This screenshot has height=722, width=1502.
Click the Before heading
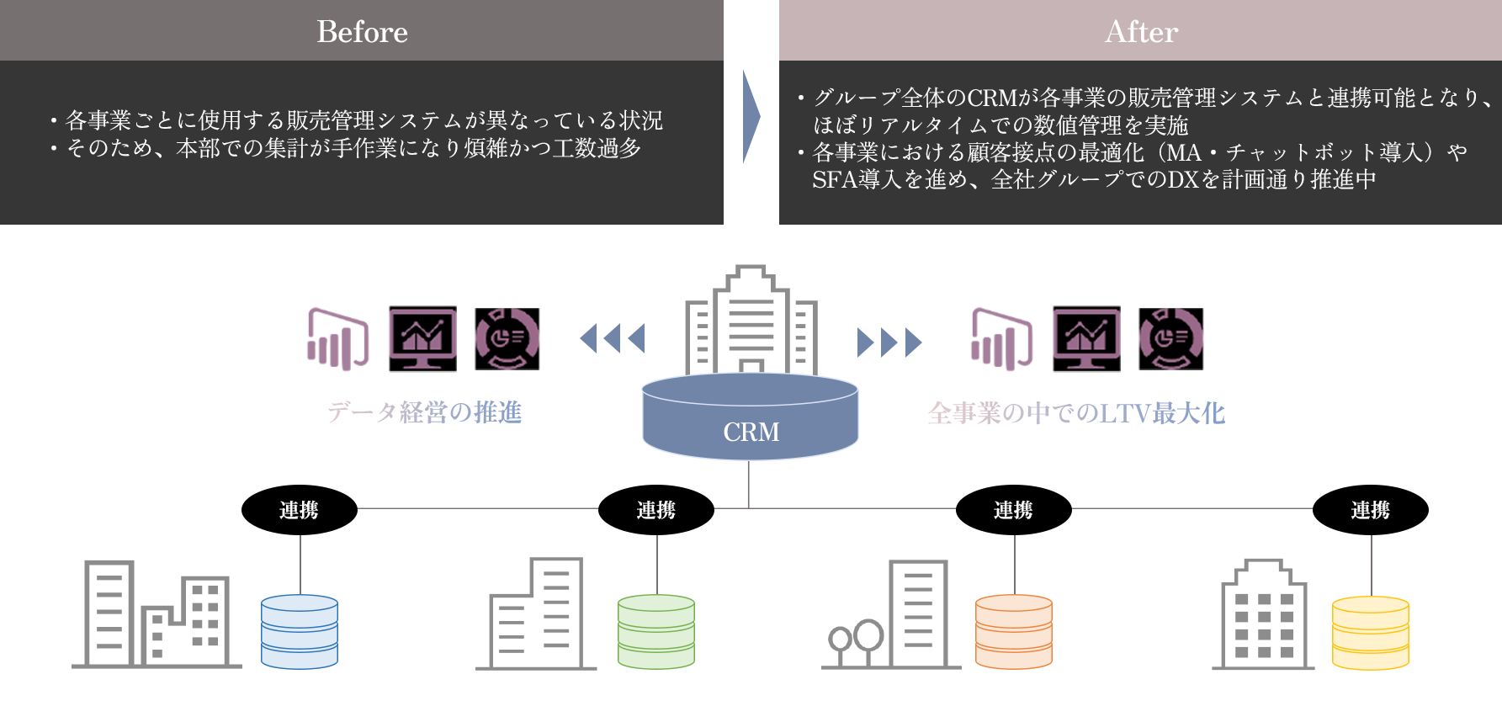362,32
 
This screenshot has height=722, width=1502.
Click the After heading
1141,32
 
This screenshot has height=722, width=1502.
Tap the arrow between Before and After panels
751,116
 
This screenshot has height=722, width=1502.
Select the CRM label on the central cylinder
751,432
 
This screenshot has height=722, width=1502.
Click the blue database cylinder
300,631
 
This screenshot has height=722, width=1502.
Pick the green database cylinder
656,631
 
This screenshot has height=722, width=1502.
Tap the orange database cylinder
1013,631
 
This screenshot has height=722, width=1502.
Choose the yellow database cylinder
1370,631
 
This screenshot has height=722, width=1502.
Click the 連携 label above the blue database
299,510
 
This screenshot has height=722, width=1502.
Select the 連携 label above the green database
656,510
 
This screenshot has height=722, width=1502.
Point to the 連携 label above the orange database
1013,510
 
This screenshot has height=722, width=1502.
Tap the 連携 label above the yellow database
1371,510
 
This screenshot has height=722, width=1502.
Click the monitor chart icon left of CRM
422,338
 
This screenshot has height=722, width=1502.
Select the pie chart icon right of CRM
1170,338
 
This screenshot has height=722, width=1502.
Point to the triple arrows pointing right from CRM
889,342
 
